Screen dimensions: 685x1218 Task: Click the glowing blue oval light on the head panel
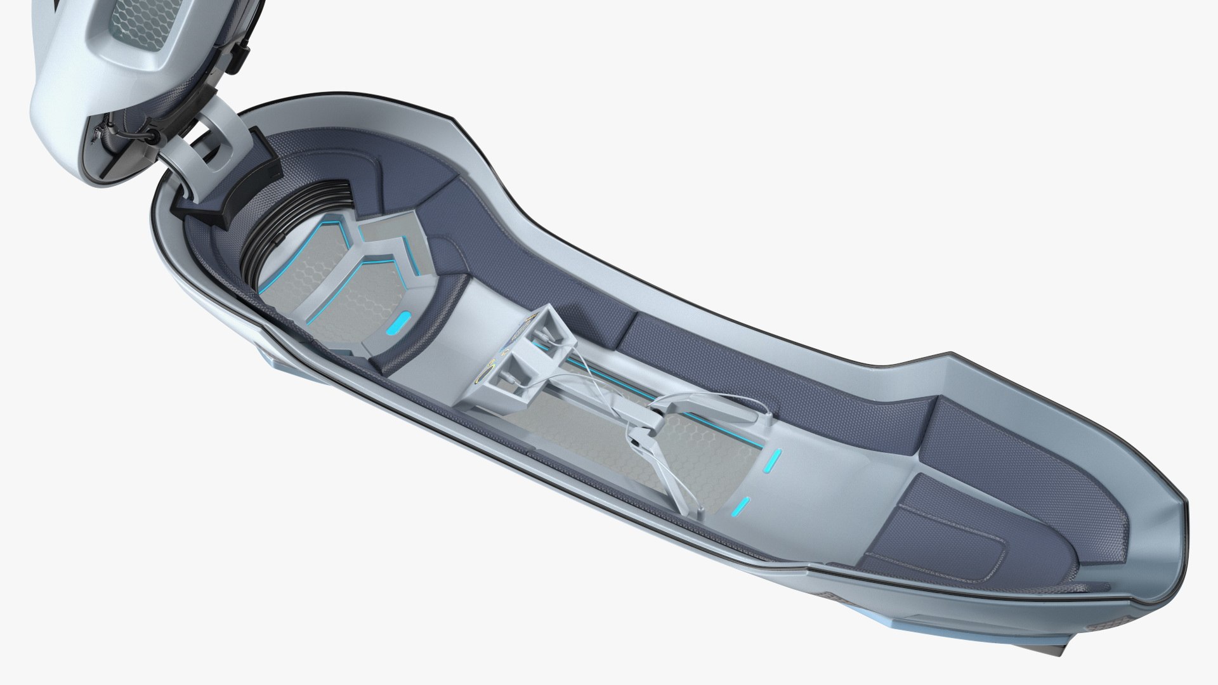click(399, 325)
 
